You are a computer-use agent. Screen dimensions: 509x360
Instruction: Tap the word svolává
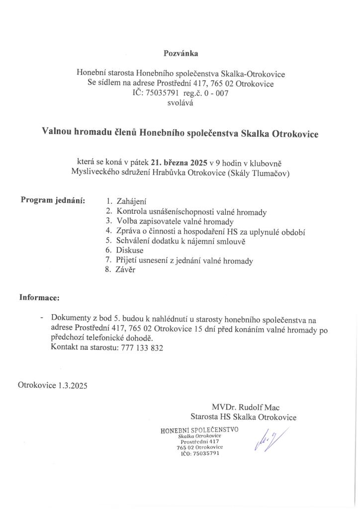180,103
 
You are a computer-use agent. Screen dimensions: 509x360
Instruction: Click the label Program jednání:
53,200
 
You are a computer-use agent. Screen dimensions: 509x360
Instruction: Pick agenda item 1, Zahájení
131,202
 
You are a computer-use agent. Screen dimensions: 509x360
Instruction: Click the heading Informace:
39,298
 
